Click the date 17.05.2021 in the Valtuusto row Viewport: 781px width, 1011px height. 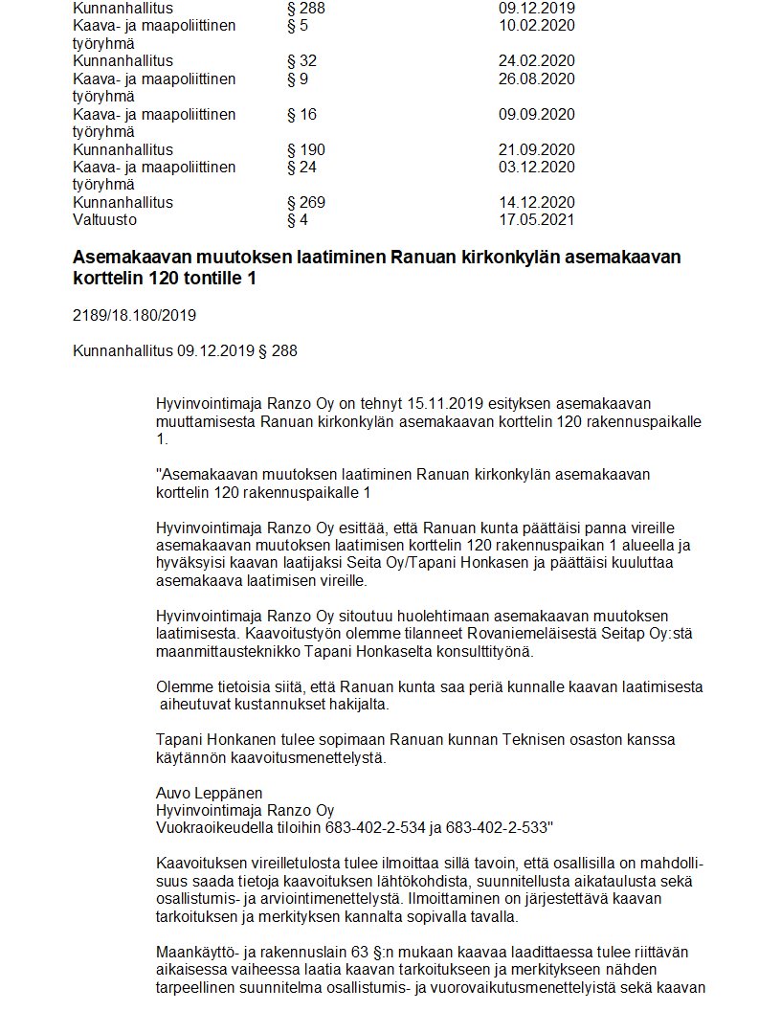536,220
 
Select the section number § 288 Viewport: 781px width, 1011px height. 306,8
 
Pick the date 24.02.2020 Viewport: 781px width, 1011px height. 536,61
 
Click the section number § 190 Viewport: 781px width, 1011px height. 306,149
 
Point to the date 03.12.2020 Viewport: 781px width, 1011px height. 536,168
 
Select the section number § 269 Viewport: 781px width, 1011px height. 306,203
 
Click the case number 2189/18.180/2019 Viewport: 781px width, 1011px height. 134,315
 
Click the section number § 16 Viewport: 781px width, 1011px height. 301,115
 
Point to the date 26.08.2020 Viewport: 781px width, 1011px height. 536,79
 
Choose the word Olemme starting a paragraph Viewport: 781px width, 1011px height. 182,686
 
